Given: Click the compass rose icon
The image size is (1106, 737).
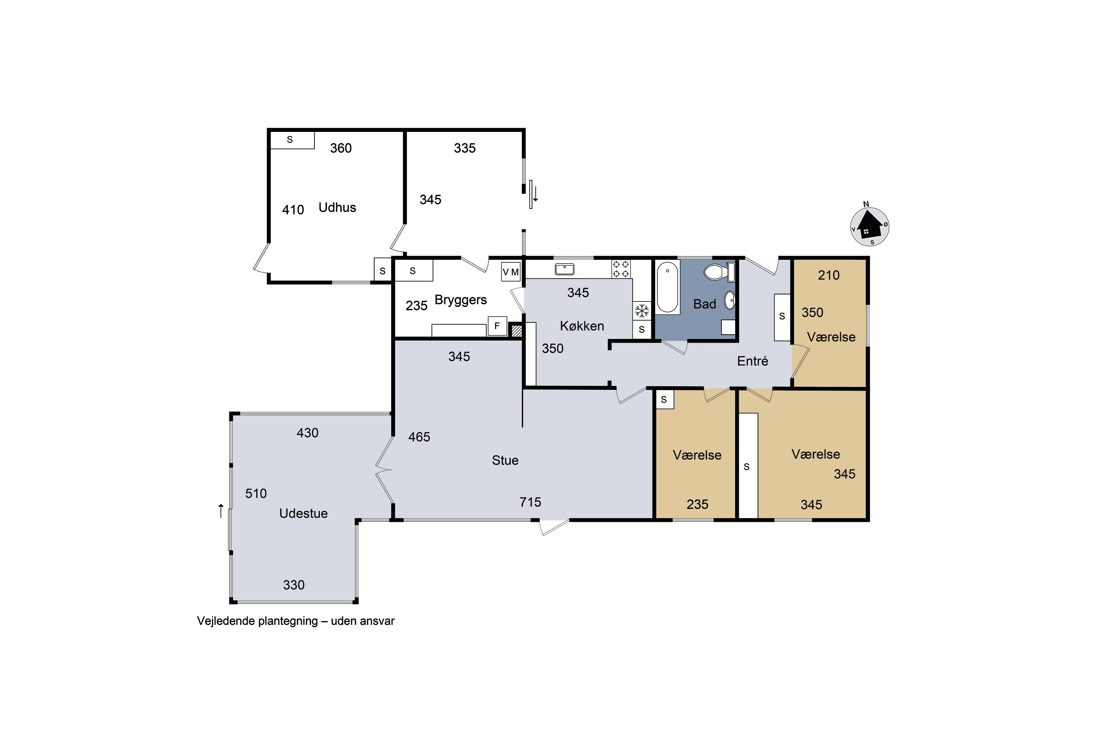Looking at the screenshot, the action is point(869,227).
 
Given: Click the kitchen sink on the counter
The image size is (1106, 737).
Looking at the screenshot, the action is point(564,269).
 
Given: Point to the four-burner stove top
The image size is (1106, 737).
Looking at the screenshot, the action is point(621,269).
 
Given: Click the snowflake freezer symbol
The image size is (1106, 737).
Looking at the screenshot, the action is point(642,311).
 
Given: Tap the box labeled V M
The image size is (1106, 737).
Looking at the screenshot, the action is point(511,272).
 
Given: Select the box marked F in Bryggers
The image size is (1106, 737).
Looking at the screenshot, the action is point(497,326).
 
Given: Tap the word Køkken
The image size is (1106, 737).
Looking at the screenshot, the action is point(582,326).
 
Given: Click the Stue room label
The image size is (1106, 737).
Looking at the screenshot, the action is point(505,460).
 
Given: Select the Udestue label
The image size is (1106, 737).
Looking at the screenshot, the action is point(303,513).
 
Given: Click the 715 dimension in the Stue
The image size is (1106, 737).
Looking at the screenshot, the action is point(530,502).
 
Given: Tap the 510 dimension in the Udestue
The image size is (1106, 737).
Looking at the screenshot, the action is point(256,493).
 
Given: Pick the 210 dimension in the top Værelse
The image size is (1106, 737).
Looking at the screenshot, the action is point(828,275).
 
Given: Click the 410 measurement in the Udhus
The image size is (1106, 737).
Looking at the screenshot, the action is point(293,210).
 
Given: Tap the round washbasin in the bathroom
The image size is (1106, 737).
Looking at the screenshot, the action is point(729,300).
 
